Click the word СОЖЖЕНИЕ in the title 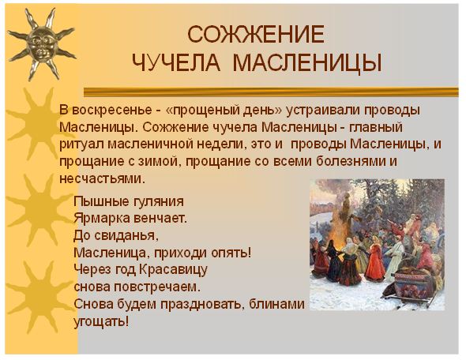click(256, 35)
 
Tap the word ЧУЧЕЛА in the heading click(176, 62)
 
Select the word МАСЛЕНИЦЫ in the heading click(307, 62)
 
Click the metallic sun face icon click(42, 44)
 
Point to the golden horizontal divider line click(271, 92)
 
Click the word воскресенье click(112, 111)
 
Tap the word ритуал click(81, 144)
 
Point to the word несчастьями click(102, 179)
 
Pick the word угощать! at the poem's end click(101, 321)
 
